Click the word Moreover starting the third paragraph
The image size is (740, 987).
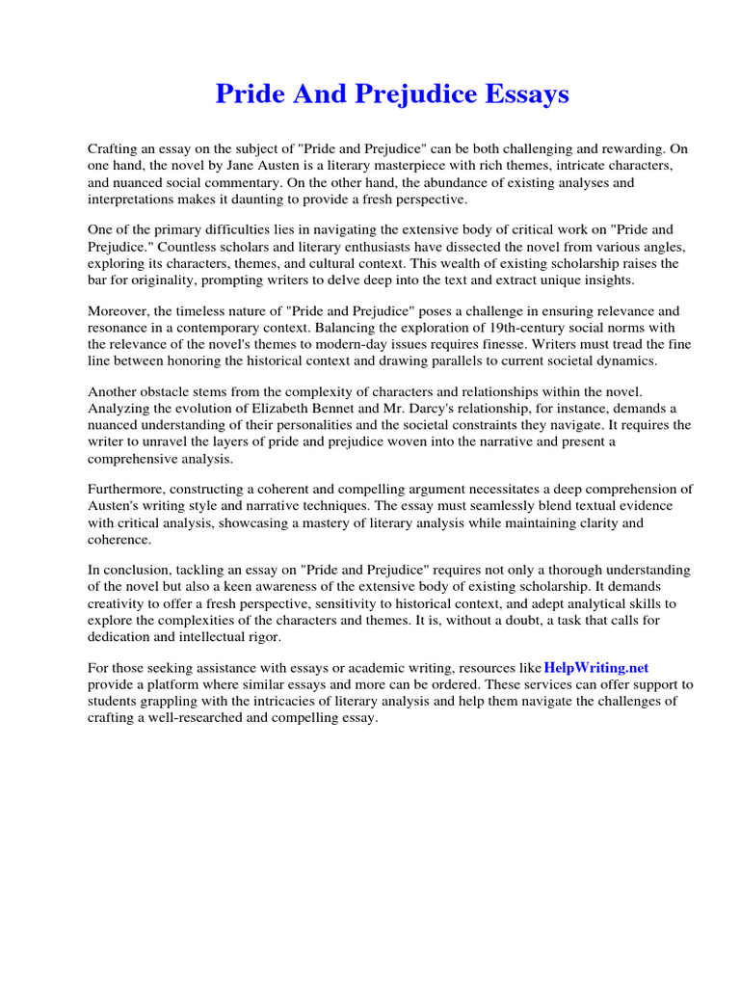pyautogui.click(x=119, y=310)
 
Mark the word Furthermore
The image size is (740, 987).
pyautogui.click(x=129, y=490)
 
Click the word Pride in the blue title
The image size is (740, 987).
pyautogui.click(x=246, y=94)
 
